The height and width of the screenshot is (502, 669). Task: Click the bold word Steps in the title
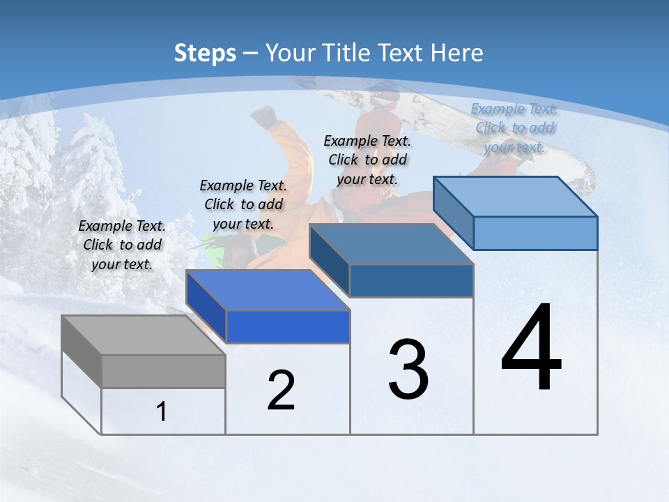pos(205,53)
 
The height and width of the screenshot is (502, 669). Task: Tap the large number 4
pos(531,349)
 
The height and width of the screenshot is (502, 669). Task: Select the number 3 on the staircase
pos(408,370)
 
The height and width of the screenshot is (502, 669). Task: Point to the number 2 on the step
pos(281,390)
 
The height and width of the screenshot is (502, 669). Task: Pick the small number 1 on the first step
pos(161,411)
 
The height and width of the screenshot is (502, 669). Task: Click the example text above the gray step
pos(122,245)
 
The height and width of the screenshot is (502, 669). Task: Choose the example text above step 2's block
pos(243,204)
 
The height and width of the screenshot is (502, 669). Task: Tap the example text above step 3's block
pos(367,160)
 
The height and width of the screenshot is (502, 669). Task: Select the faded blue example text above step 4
pos(514,128)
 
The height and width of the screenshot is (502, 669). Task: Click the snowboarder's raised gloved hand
pos(264,116)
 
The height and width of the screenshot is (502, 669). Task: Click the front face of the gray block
pos(164,371)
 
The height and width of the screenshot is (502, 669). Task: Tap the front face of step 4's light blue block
pos(535,233)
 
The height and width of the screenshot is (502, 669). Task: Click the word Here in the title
pos(458,53)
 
